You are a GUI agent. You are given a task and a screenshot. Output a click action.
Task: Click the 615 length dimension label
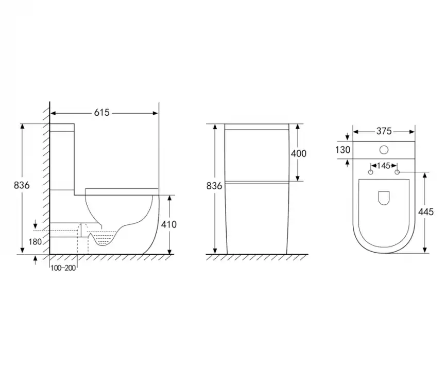pos(102,113)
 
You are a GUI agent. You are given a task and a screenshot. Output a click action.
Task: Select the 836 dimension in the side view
pos(22,185)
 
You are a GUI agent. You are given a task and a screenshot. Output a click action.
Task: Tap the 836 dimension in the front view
pos(214,186)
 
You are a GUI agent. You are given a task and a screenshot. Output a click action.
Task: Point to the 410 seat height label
pos(169,224)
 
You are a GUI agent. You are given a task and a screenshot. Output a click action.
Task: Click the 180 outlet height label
pos(35,242)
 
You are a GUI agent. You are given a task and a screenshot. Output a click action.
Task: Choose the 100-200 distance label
pos(63,268)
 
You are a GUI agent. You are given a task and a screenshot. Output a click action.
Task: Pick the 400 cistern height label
pos(299,153)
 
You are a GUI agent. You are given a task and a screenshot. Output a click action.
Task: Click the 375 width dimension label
pos(384,131)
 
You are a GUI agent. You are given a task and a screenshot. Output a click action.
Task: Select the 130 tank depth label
pos(343,150)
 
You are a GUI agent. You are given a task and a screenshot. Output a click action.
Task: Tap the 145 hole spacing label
pos(384,166)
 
